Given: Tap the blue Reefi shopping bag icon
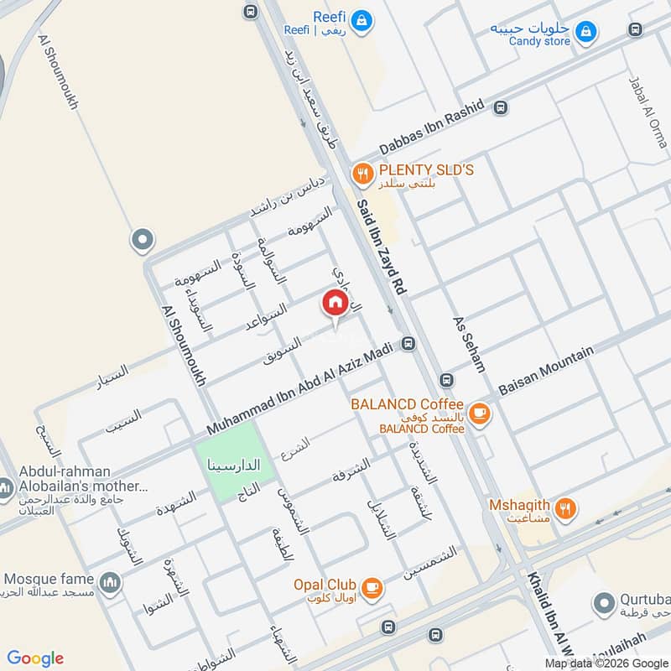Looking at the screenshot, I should click(362, 20).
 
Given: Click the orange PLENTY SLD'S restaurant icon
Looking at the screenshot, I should click(362, 174).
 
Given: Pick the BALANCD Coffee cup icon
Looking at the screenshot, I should click(480, 412).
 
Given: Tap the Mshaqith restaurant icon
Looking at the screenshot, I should click(566, 507).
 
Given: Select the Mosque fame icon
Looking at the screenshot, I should click(110, 582).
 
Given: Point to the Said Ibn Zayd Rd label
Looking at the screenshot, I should click(381, 247).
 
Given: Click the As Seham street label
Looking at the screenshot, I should click(469, 344).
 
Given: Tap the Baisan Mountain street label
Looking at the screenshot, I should click(545, 371).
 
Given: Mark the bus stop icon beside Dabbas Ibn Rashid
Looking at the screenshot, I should click(501, 107).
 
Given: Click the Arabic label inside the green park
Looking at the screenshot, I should click(236, 465).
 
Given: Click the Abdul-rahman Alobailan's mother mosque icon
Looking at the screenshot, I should click(6, 486).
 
